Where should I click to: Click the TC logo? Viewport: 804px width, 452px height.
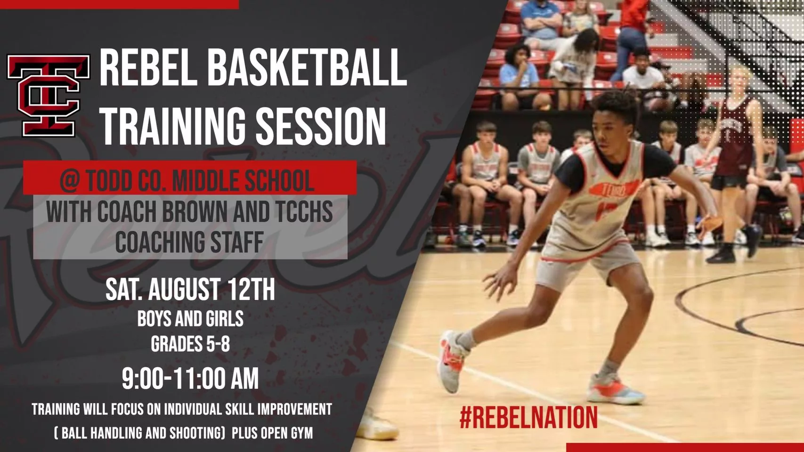click(49, 96)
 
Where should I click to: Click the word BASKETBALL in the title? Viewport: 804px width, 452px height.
click(307, 68)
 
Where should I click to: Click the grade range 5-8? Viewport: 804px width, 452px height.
click(215, 344)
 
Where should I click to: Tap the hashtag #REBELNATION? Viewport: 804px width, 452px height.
click(529, 417)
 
